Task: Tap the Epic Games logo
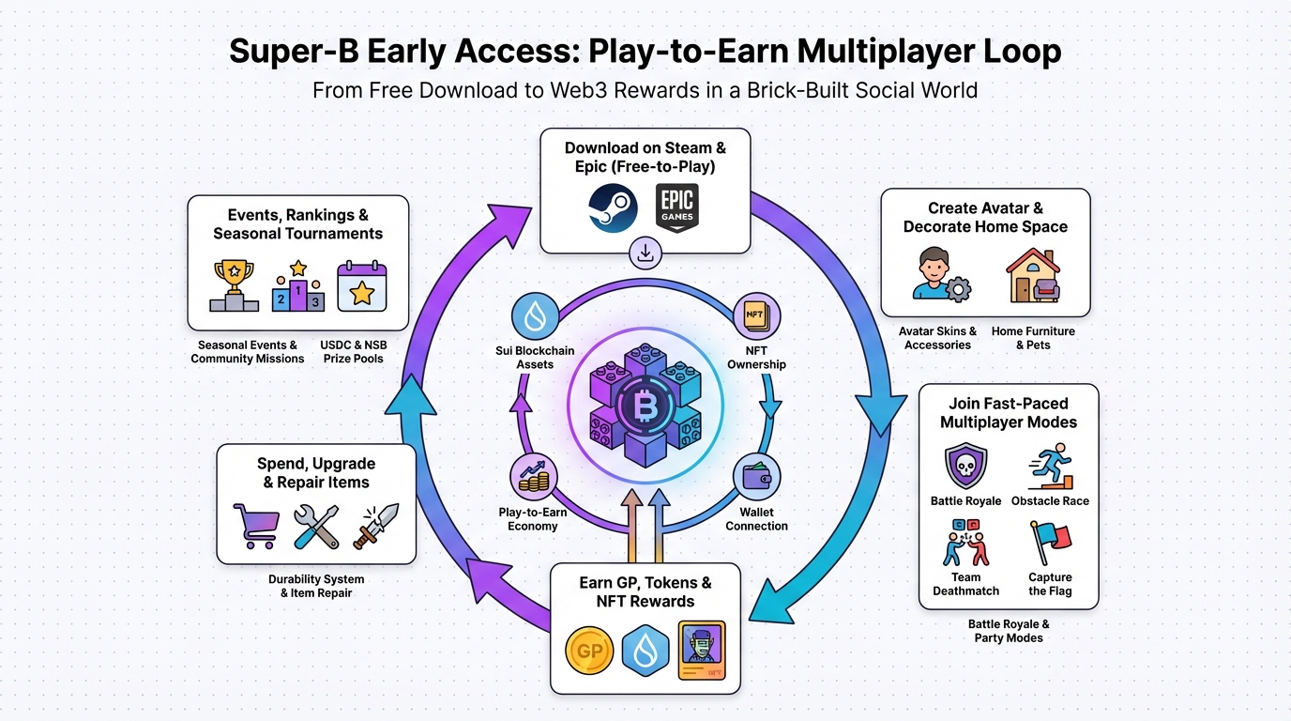(677, 208)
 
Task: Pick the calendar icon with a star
(361, 286)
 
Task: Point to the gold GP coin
(590, 651)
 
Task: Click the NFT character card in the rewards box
(702, 650)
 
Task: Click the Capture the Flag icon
(1049, 544)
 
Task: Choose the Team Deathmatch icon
(965, 544)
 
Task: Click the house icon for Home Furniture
(1033, 276)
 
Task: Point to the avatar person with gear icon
(939, 276)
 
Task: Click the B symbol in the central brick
(645, 407)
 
